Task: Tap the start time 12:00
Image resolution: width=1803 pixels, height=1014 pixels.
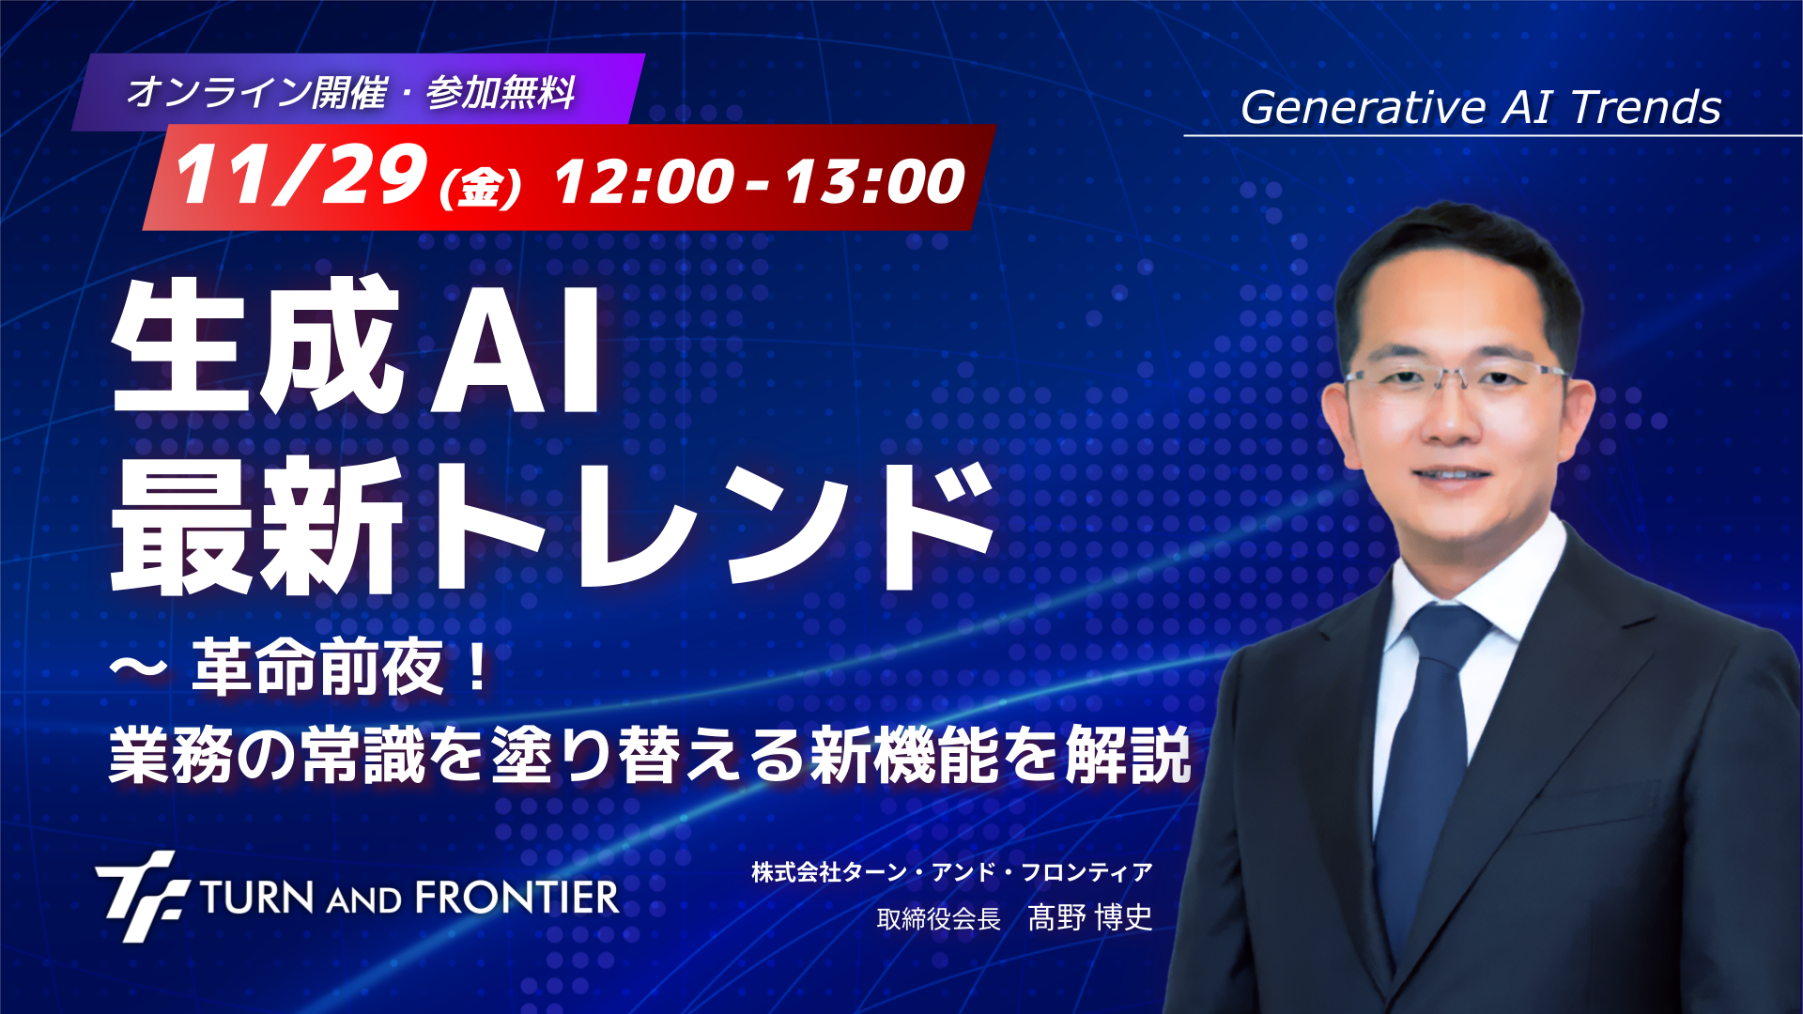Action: click(644, 181)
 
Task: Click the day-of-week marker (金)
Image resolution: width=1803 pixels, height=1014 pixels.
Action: click(480, 187)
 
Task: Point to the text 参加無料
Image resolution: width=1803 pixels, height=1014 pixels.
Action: click(501, 93)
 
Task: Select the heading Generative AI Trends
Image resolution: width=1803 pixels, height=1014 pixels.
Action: click(1481, 107)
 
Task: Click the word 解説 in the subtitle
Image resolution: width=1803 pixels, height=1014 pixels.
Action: click(1129, 755)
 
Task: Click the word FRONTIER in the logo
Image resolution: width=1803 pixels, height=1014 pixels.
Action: click(517, 898)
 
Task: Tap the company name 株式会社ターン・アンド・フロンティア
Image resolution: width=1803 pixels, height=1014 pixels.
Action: click(951, 872)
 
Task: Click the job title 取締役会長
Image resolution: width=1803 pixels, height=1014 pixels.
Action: click(938, 918)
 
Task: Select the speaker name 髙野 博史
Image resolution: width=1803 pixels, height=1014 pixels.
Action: click(1090, 917)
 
